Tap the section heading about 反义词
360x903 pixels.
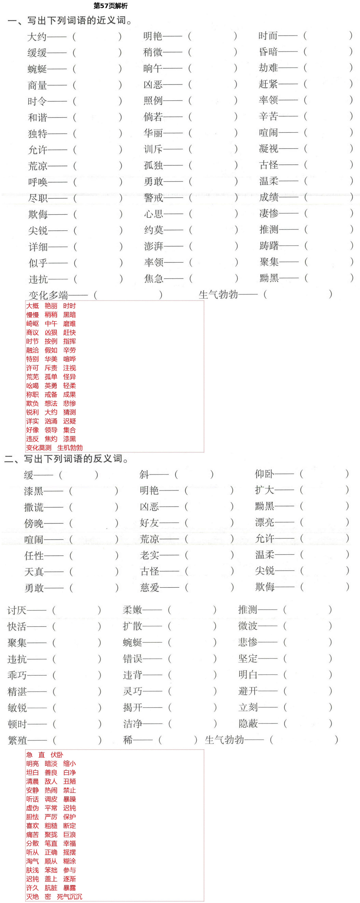pyautogui.click(x=67, y=459)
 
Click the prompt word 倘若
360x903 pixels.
pyautogui.click(x=153, y=117)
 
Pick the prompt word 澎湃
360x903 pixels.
pyautogui.click(x=154, y=246)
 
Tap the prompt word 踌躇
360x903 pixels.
pyautogui.click(x=269, y=246)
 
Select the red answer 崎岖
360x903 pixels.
pyautogui.click(x=33, y=324)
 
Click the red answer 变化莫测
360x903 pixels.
pyautogui.click(x=39, y=448)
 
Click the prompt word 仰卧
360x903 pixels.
pyautogui.click(x=264, y=474)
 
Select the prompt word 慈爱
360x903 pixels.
pyautogui.click(x=150, y=587)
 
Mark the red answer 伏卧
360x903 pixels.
pyautogui.click(x=57, y=755)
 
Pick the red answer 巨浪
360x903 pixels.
pyautogui.click(x=69, y=835)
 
